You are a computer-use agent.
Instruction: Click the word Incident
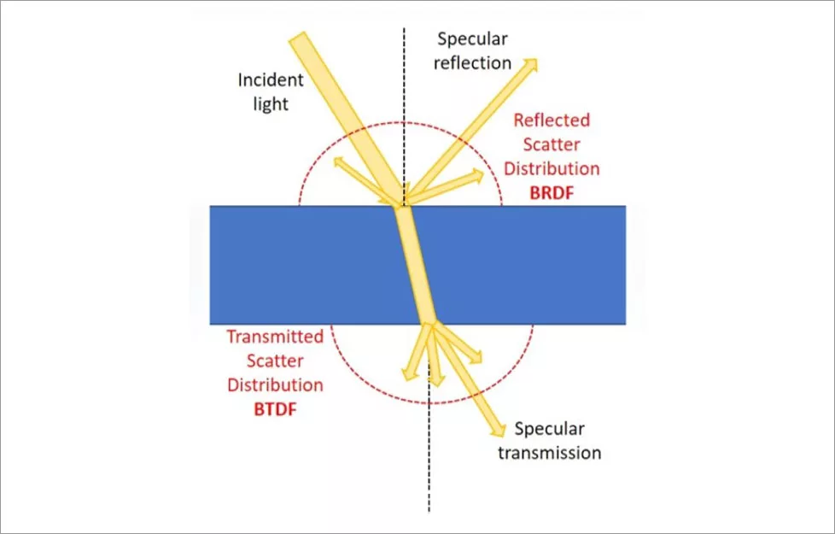271,81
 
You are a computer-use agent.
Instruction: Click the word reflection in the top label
475,62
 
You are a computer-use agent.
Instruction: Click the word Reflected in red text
552,120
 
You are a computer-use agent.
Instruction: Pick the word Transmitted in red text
274,337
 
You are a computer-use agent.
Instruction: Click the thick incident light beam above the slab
342,103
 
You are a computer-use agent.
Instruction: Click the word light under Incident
271,104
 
